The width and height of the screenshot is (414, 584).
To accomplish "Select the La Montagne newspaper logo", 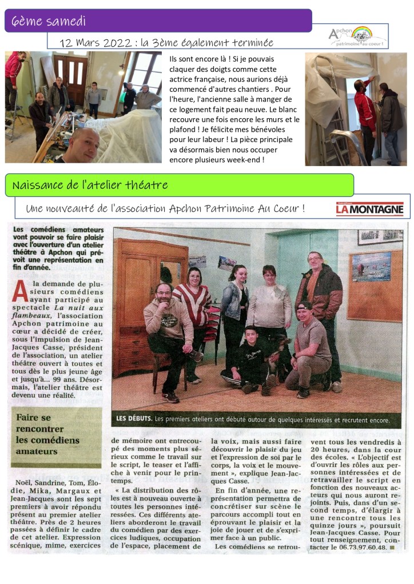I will tap(369, 210).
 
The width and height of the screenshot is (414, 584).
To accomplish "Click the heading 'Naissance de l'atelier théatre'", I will tap(90, 185).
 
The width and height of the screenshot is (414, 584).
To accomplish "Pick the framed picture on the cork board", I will tap(372, 266).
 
